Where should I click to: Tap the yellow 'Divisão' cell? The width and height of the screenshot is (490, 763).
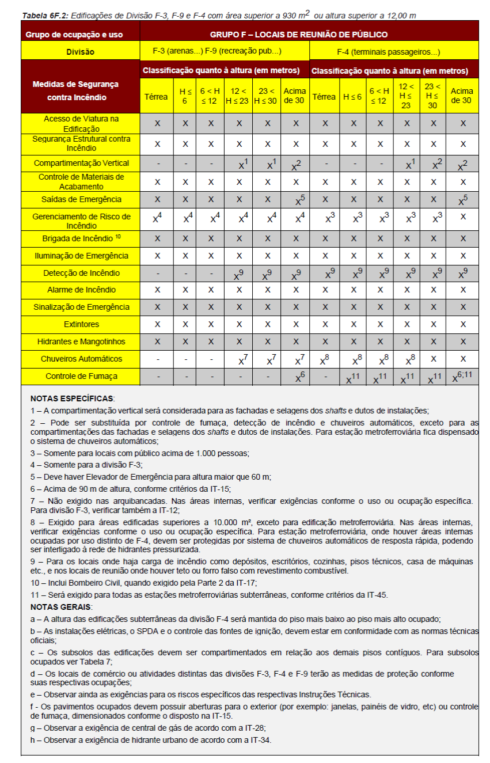[x=80, y=52]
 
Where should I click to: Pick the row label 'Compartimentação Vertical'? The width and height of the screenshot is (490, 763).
[x=81, y=163]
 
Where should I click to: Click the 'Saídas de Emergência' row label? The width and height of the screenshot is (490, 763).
[x=81, y=199]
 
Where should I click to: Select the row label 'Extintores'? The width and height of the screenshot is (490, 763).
[x=81, y=324]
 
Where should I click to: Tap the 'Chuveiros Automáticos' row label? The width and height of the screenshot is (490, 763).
[x=81, y=359]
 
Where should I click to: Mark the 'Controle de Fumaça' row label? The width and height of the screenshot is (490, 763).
[x=81, y=376]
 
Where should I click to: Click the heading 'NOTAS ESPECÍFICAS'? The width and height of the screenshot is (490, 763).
[x=73, y=398]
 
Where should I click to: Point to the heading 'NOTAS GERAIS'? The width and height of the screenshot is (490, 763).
[x=61, y=607]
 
